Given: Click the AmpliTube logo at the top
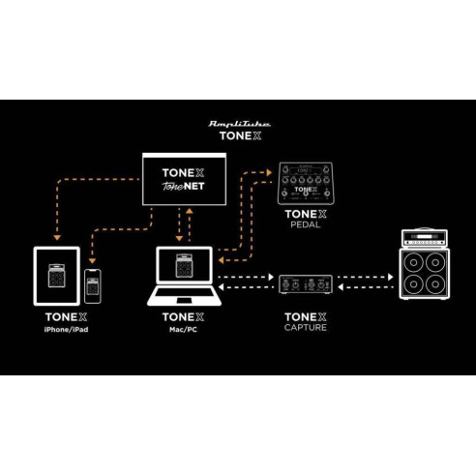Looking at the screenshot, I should (239, 125).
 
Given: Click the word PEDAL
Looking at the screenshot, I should (305, 224).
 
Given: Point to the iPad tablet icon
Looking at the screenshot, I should (56, 274).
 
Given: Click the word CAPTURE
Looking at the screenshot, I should (306, 327).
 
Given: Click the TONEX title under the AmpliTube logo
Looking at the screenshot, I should (239, 137).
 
